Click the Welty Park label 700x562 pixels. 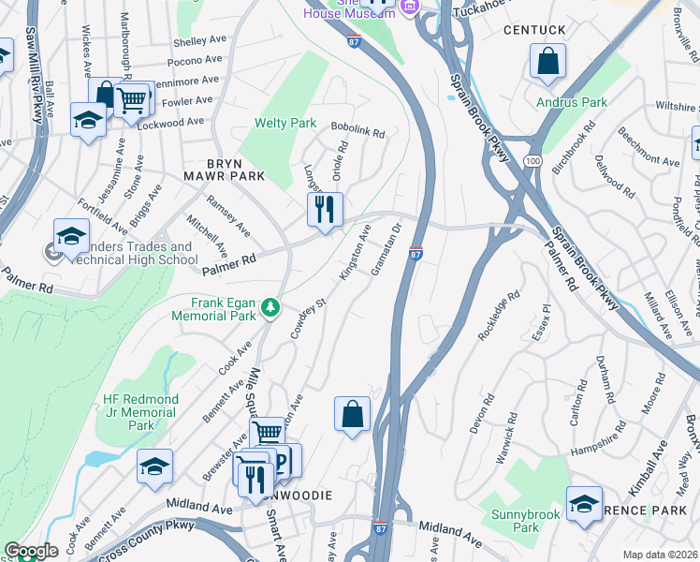click(x=285, y=124)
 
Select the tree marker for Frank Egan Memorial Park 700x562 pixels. click(x=270, y=306)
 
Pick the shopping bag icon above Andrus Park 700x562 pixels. click(x=547, y=61)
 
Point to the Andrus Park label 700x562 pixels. click(x=572, y=102)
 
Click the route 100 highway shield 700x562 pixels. click(x=532, y=162)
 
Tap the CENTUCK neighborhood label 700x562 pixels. click(x=534, y=30)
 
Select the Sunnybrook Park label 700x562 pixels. click(x=525, y=521)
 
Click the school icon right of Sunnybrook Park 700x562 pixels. click(x=584, y=503)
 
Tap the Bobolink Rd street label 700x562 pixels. click(x=357, y=133)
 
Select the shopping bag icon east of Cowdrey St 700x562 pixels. click(x=352, y=413)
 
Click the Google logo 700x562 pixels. click(x=31, y=551)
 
